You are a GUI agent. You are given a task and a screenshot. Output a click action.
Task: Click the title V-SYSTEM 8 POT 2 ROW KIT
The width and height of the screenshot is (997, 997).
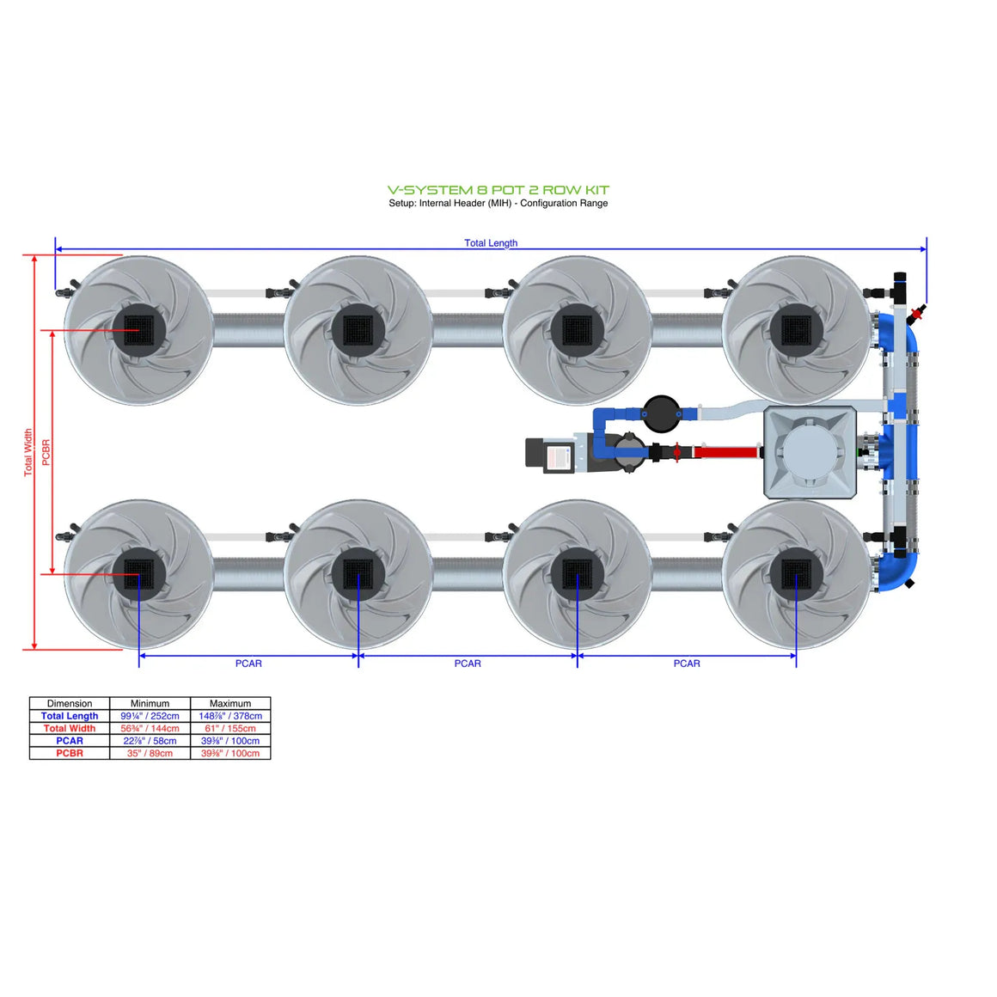point(498,190)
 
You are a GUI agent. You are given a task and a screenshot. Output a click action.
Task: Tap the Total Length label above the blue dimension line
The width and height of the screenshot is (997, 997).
point(491,243)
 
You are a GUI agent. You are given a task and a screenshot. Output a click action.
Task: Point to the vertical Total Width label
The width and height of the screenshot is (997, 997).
point(28,452)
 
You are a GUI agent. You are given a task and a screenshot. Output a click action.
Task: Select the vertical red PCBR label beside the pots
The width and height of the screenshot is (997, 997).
point(46,452)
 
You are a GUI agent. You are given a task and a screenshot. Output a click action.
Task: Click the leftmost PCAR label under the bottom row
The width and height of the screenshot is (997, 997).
point(248,664)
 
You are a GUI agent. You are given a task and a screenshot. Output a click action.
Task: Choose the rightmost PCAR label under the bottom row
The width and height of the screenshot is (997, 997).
point(686,664)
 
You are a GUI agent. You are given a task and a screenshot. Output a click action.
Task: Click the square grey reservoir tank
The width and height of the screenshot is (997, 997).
point(810,452)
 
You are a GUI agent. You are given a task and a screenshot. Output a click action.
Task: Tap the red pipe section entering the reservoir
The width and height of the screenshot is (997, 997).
point(725,451)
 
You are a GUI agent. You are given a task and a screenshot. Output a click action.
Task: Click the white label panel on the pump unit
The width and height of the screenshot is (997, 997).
point(559,456)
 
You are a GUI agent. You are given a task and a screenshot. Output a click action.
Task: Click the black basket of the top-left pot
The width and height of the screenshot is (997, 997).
point(138,330)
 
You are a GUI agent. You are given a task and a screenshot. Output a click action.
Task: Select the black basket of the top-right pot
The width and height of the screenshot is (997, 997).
point(796,330)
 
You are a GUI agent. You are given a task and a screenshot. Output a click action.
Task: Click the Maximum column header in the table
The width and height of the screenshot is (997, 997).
point(230,703)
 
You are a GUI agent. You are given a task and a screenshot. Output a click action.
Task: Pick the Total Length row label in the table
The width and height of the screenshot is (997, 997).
point(70,716)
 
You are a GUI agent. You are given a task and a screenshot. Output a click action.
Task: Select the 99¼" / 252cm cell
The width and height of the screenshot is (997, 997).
point(150,716)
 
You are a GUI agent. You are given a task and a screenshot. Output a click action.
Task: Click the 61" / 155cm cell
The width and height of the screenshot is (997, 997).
point(230,728)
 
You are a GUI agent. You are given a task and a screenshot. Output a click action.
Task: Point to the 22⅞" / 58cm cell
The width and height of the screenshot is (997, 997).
point(150,741)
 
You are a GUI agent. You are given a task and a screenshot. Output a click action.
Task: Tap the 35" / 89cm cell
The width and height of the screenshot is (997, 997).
point(150,753)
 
